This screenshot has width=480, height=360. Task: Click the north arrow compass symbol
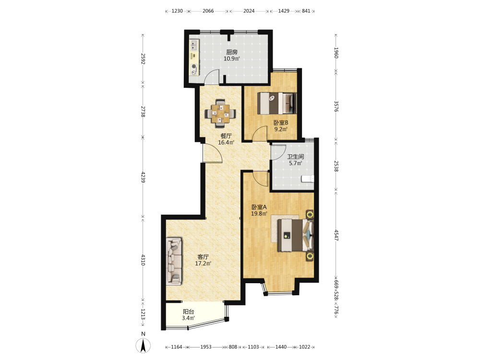tap(143, 346)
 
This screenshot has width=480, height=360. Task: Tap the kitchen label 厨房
tap(232, 52)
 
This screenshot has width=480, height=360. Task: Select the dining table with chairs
tap(220, 113)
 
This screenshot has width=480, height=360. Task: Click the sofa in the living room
tap(174, 262)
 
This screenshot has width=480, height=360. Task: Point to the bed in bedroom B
tap(277, 103)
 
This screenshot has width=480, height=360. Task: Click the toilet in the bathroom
tap(308, 179)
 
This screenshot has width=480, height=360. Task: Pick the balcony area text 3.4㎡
tap(188, 318)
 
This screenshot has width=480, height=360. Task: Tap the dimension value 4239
tap(143, 177)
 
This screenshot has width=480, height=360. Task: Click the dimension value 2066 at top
tap(208, 11)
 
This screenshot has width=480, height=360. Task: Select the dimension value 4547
tap(336, 235)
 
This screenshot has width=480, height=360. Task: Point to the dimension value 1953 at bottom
tap(206, 347)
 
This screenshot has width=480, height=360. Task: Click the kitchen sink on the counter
tap(193, 46)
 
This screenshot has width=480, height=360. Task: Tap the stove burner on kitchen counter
tap(194, 66)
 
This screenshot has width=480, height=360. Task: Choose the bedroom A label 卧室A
tap(259, 207)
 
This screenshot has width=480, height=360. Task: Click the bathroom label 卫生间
tap(295, 156)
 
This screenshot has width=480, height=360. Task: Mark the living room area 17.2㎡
tap(203, 263)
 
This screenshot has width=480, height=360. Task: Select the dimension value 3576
tap(336, 107)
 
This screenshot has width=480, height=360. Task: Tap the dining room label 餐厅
tap(226, 136)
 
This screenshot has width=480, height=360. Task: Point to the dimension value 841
tap(306, 11)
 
